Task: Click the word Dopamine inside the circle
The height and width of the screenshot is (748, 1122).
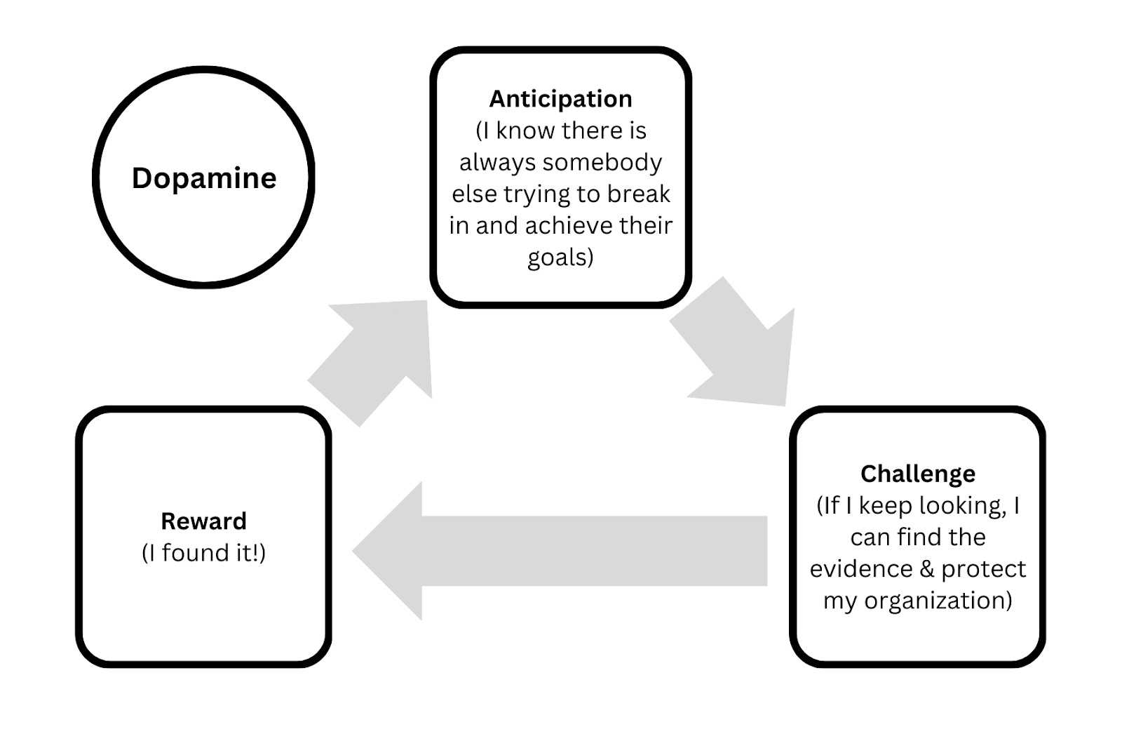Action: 204,178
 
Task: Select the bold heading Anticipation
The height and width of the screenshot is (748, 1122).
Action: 560,99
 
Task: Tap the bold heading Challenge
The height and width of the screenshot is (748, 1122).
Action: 917,474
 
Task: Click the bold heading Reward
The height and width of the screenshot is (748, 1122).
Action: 203,521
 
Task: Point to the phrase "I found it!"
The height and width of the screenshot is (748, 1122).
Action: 203,553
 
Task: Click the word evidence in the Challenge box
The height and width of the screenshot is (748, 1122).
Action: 861,569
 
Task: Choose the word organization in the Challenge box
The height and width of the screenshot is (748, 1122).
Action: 938,601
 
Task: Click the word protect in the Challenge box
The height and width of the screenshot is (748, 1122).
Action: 983,569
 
